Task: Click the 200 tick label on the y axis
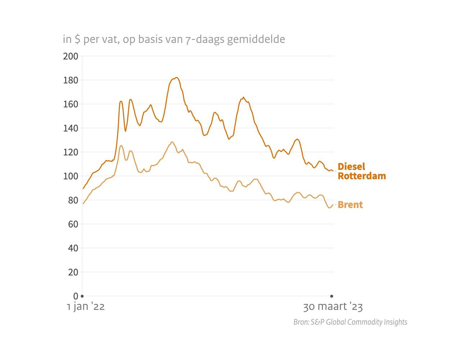click(71, 56)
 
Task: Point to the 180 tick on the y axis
click(71, 80)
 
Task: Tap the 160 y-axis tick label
click(71, 104)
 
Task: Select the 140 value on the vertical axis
click(71, 128)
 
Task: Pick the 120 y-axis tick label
click(71, 152)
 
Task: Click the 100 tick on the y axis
click(71, 176)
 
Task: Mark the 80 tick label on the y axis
click(73, 200)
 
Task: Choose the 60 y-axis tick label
click(73, 224)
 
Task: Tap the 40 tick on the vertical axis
click(73, 248)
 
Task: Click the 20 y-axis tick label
click(73, 272)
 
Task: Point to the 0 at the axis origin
click(76, 296)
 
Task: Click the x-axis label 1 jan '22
click(86, 307)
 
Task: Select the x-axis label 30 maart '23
click(333, 307)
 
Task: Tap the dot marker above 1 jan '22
click(82, 296)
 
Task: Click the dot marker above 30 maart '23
click(332, 296)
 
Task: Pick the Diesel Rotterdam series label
click(361, 171)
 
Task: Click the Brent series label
click(350, 205)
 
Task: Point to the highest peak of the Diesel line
click(176, 77)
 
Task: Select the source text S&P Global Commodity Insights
click(359, 322)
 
